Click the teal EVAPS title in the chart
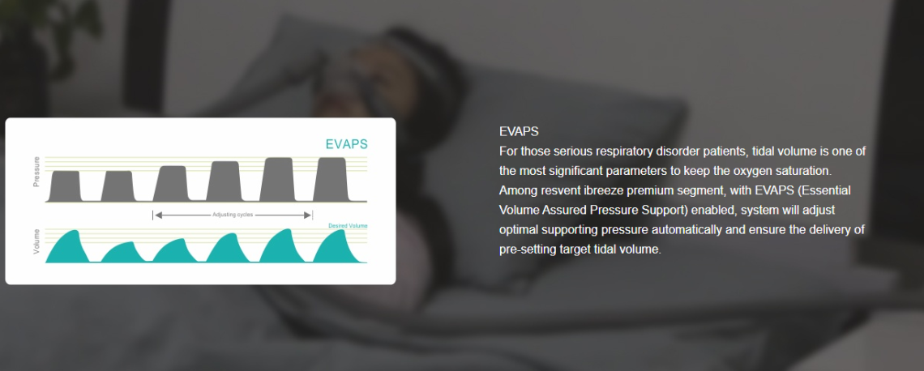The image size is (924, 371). click(x=347, y=144)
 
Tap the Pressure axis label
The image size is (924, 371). click(x=36, y=172)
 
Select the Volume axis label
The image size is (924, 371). click(x=36, y=241)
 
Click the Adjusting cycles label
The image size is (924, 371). click(x=232, y=215)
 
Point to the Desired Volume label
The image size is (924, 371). click(x=348, y=225)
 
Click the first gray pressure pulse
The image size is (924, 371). click(x=65, y=186)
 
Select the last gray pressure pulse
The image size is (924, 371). click(x=331, y=180)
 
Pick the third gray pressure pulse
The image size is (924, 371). click(x=170, y=184)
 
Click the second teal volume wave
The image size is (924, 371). click(x=122, y=254)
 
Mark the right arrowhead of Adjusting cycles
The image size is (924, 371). click(x=307, y=215)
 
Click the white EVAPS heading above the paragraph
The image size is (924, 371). click(x=519, y=131)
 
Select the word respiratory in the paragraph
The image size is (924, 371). click(x=621, y=151)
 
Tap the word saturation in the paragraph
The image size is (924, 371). click(x=803, y=172)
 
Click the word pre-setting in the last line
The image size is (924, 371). click(x=526, y=249)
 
